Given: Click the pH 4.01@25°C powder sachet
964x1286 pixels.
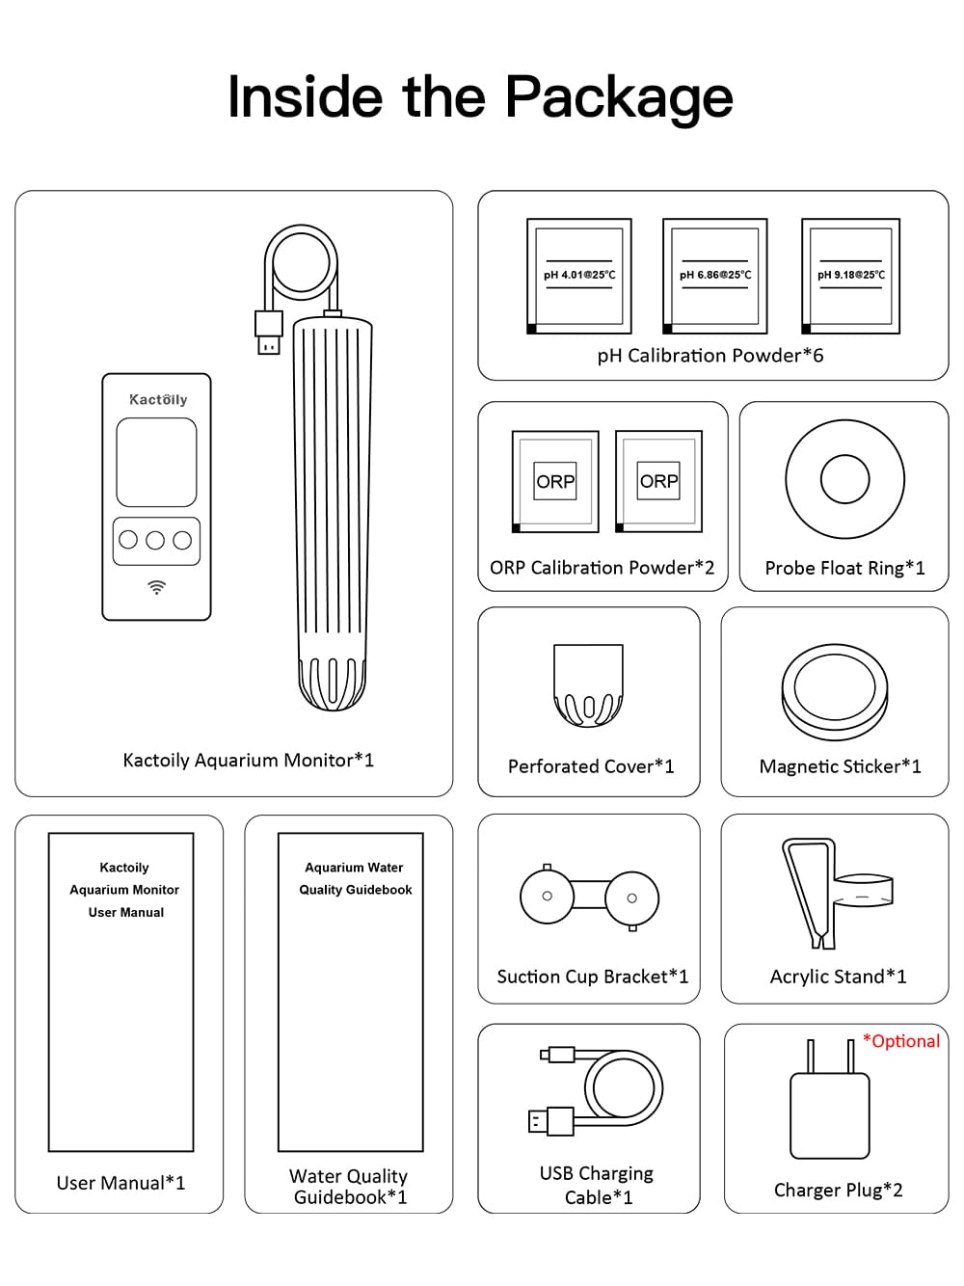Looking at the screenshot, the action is point(578,276).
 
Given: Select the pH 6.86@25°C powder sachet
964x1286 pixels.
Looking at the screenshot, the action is point(714,276).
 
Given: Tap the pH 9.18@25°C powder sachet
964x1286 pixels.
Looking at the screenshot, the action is point(850,276).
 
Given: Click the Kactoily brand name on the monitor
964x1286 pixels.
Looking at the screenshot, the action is point(158,399).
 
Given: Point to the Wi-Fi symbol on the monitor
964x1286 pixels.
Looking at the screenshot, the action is point(156,587).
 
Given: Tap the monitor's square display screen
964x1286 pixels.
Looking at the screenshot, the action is point(156,462).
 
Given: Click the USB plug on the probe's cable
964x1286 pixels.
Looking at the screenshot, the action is point(269,333).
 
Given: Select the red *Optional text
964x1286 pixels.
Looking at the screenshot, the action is point(900,1041).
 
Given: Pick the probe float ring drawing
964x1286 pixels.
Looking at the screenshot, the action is point(844,479).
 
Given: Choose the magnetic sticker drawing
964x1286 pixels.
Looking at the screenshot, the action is point(835,692).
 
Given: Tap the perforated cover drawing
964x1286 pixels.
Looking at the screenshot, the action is point(588,685).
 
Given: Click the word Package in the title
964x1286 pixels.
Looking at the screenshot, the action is point(619,97).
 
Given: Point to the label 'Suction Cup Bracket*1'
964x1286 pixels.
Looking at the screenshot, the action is point(592,977).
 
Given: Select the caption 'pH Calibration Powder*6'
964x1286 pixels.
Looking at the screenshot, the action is point(710,356).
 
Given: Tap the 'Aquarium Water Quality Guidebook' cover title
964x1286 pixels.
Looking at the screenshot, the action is point(355,878).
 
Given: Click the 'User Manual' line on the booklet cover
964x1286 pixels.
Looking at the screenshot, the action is point(126,912).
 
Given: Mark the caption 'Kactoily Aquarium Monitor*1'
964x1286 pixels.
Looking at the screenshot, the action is point(248,761).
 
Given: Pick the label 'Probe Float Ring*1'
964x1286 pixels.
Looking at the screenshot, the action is point(844,569).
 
